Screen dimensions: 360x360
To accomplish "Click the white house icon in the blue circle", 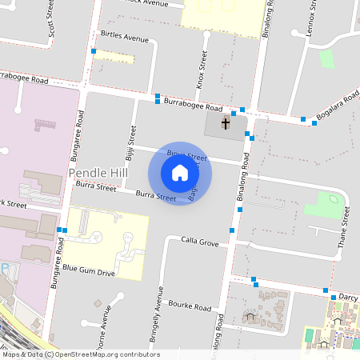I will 180,173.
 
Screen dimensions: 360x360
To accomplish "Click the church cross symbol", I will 226,123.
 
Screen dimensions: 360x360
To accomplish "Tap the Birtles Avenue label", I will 125,37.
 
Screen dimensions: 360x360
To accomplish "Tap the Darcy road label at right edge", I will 348,297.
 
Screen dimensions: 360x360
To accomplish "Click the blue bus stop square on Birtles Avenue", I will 94,52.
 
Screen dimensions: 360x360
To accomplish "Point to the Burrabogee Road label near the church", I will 192,106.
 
